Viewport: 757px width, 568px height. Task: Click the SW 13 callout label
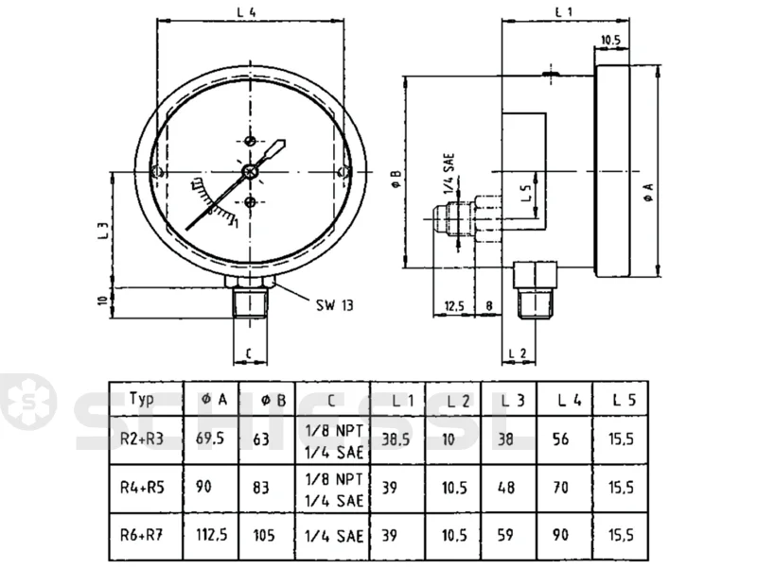pyautogui.click(x=335, y=305)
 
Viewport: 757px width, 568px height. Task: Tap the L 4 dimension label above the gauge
pyautogui.click(x=246, y=12)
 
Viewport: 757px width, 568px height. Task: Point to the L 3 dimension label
pyautogui.click(x=103, y=230)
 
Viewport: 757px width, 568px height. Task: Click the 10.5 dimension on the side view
pyautogui.click(x=610, y=40)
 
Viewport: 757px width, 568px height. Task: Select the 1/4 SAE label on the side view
pyautogui.click(x=449, y=174)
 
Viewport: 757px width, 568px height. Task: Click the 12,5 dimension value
pyautogui.click(x=454, y=305)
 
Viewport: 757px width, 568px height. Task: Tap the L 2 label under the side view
pyautogui.click(x=517, y=353)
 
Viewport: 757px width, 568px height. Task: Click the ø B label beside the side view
pyautogui.click(x=396, y=179)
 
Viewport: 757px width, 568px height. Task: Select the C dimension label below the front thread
pyautogui.click(x=249, y=353)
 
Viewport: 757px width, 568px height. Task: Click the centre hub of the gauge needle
pyautogui.click(x=250, y=171)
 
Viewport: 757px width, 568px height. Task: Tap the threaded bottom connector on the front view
pyautogui.click(x=250, y=301)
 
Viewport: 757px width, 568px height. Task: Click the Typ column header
pyautogui.click(x=141, y=399)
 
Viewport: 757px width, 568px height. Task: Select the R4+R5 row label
pyautogui.click(x=142, y=488)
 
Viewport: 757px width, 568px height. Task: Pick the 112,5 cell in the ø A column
pyautogui.click(x=211, y=535)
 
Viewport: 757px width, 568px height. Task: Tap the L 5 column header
pyautogui.click(x=625, y=400)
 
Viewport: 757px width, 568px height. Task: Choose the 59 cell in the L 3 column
pyautogui.click(x=505, y=535)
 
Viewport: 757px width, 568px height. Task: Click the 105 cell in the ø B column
pyautogui.click(x=264, y=535)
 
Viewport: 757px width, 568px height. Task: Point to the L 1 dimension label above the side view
pyautogui.click(x=564, y=11)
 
